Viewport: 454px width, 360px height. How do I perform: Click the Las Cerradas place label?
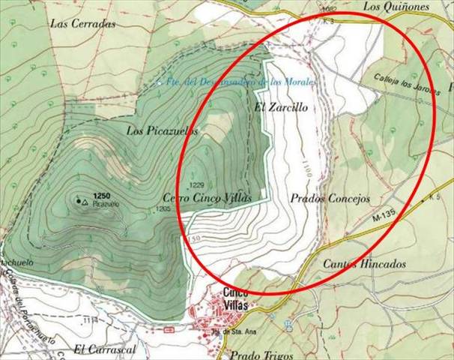[x=83, y=23]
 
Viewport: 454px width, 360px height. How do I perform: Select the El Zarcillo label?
[x=282, y=107]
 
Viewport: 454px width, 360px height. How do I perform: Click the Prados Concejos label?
[x=330, y=199]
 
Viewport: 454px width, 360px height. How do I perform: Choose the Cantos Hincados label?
[x=365, y=264]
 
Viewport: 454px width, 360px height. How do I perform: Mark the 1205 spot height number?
[x=164, y=208]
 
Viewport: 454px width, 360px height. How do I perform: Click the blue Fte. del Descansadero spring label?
[x=238, y=81]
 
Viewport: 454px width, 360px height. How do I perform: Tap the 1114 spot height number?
[x=91, y=320]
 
